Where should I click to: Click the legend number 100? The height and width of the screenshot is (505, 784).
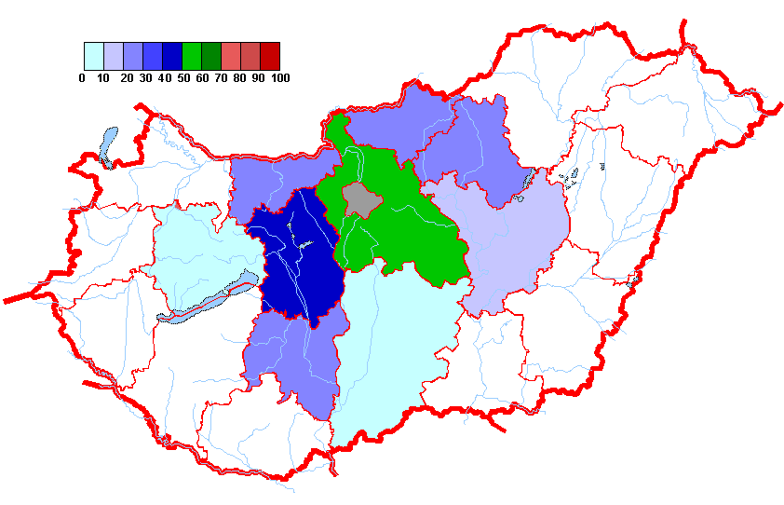click(279, 78)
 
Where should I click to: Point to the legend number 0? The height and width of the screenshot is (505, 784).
click(82, 78)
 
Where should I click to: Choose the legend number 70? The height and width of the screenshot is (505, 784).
click(221, 78)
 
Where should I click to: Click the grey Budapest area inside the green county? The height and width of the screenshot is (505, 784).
click(359, 198)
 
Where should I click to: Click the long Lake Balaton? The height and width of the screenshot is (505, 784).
click(210, 295)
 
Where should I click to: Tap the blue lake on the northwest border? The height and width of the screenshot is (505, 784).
click(109, 144)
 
